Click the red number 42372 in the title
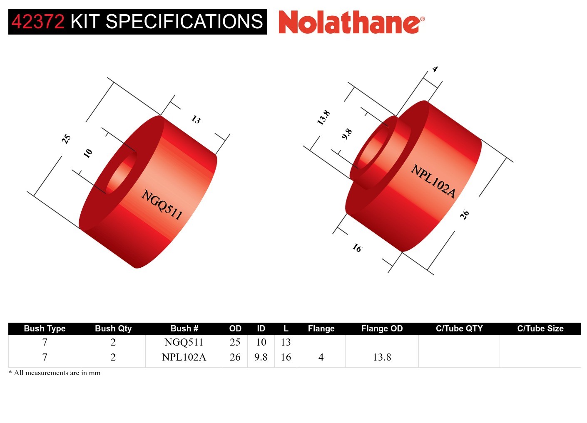click(x=38, y=22)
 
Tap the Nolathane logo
click(x=351, y=22)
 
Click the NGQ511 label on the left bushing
click(x=162, y=204)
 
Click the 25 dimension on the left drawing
click(x=66, y=139)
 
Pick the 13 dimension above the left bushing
click(x=196, y=120)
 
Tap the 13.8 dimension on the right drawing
click(x=323, y=118)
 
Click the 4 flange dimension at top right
click(x=435, y=69)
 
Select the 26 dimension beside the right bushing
click(x=465, y=215)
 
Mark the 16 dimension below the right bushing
click(x=357, y=248)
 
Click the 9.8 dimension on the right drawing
click(x=346, y=134)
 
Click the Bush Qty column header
click(x=113, y=328)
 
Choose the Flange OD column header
click(x=382, y=328)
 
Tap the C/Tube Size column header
click(x=540, y=328)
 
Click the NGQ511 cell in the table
click(x=184, y=342)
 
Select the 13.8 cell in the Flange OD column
click(x=382, y=357)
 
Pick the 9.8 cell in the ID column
click(x=261, y=357)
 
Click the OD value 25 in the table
click(x=235, y=342)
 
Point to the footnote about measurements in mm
click(x=55, y=373)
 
